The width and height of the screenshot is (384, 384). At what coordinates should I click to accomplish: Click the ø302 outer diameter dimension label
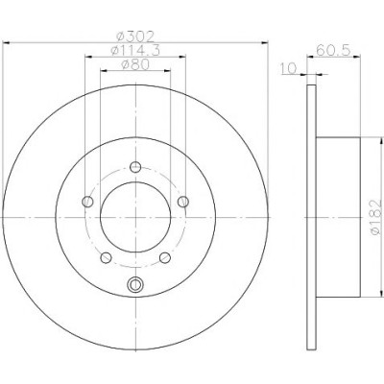135,36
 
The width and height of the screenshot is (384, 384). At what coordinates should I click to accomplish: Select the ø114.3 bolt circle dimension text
134,51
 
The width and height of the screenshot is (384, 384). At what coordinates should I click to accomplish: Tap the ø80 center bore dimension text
135,65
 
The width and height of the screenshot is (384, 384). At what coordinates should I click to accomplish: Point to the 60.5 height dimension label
333,50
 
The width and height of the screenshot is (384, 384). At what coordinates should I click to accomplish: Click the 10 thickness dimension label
288,68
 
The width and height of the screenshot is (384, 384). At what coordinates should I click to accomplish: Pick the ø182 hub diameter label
375,218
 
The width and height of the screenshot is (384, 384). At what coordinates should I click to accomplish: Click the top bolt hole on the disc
135,167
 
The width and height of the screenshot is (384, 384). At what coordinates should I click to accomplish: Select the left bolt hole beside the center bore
87,202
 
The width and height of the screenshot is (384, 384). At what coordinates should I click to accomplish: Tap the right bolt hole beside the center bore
183,202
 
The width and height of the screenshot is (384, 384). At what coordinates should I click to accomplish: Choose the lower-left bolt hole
106,257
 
